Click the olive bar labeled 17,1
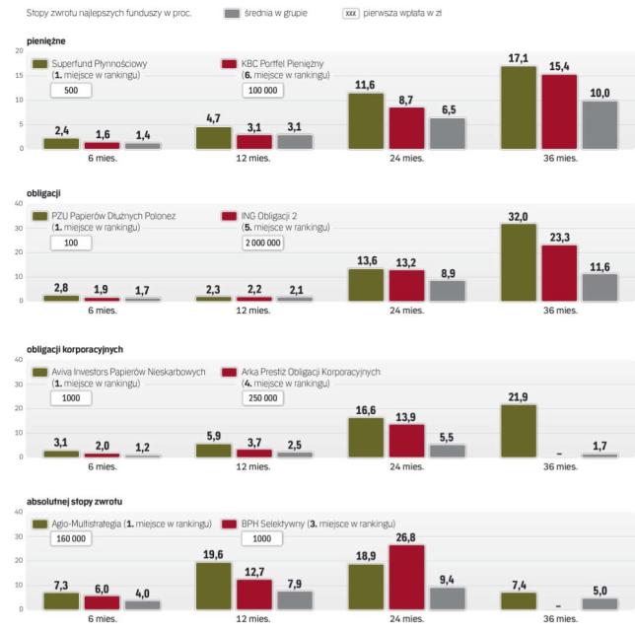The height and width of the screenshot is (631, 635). [x=519, y=107]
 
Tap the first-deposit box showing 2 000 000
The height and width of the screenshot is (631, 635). [x=261, y=242]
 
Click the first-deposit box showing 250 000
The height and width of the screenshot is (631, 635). [x=261, y=398]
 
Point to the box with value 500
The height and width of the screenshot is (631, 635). [x=70, y=90]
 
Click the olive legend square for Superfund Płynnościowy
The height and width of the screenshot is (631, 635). [x=39, y=64]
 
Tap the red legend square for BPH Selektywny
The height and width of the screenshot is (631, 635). [x=229, y=525]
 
